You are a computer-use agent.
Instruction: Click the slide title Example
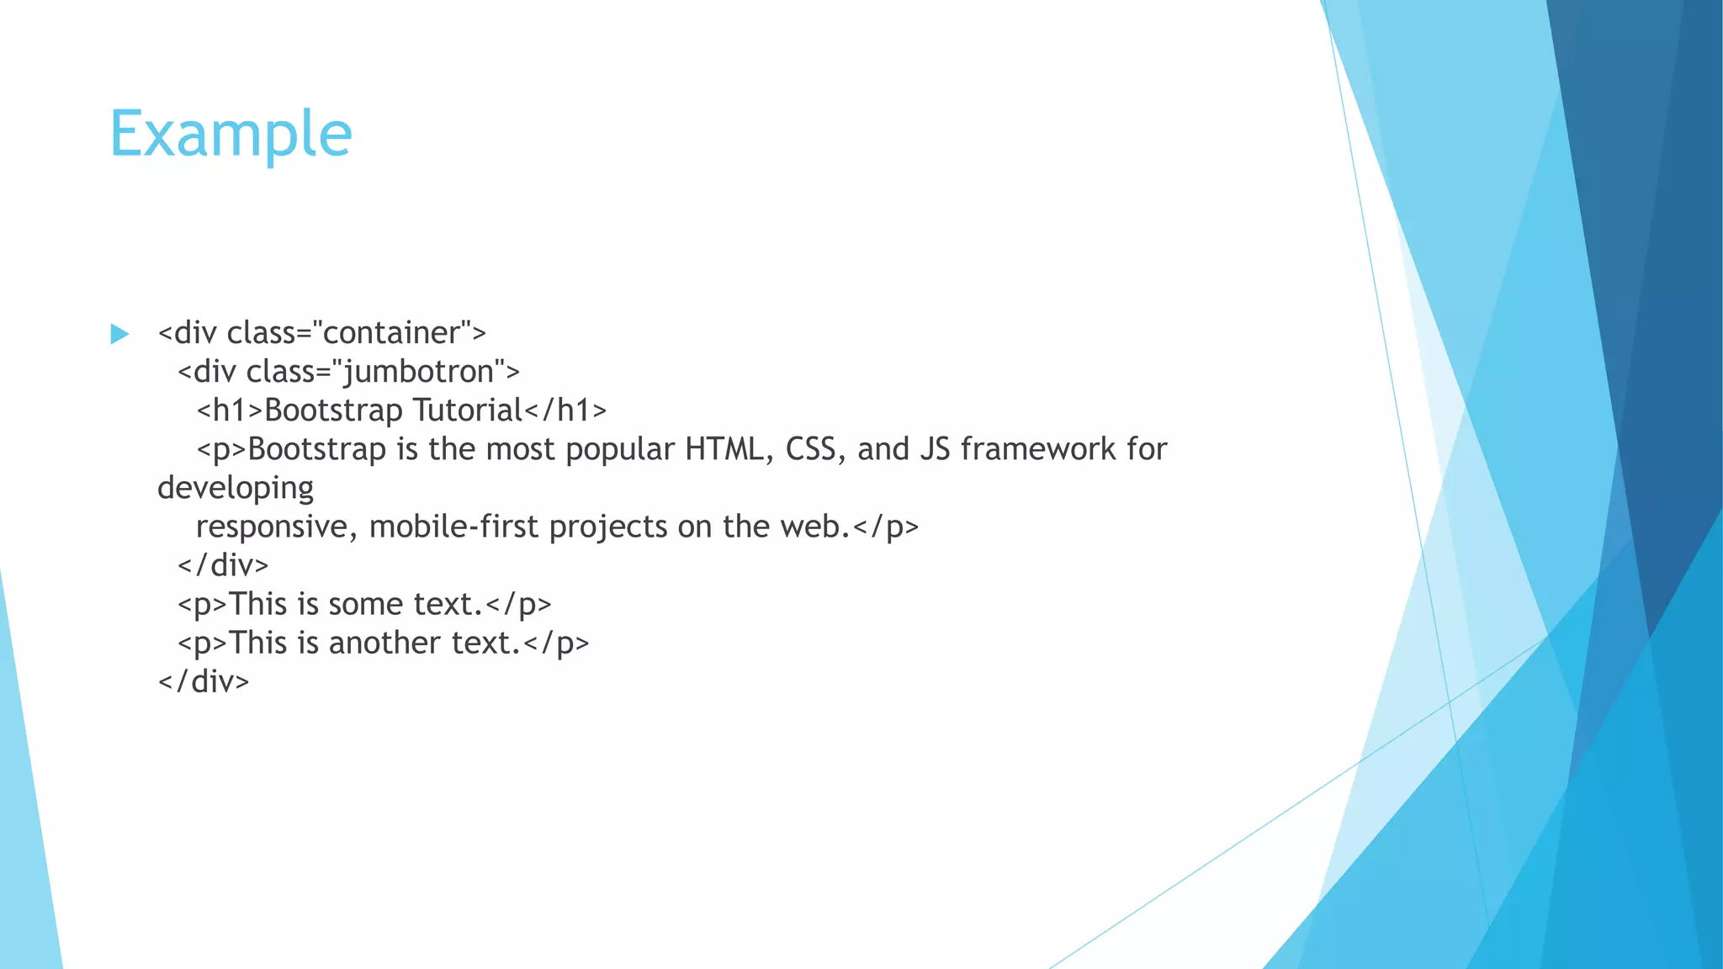[x=231, y=135]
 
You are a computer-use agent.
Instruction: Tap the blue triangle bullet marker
[x=119, y=334]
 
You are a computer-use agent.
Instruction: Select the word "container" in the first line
[x=391, y=333]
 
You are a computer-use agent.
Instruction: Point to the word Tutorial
[x=468, y=410]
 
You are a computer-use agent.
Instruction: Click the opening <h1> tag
[x=230, y=410]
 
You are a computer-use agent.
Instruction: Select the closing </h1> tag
[x=565, y=410]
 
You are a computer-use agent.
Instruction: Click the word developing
[x=236, y=489]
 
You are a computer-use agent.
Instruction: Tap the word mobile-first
[x=453, y=527]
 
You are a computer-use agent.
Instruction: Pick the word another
[x=384, y=643]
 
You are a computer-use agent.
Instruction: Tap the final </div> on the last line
[x=204, y=681]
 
